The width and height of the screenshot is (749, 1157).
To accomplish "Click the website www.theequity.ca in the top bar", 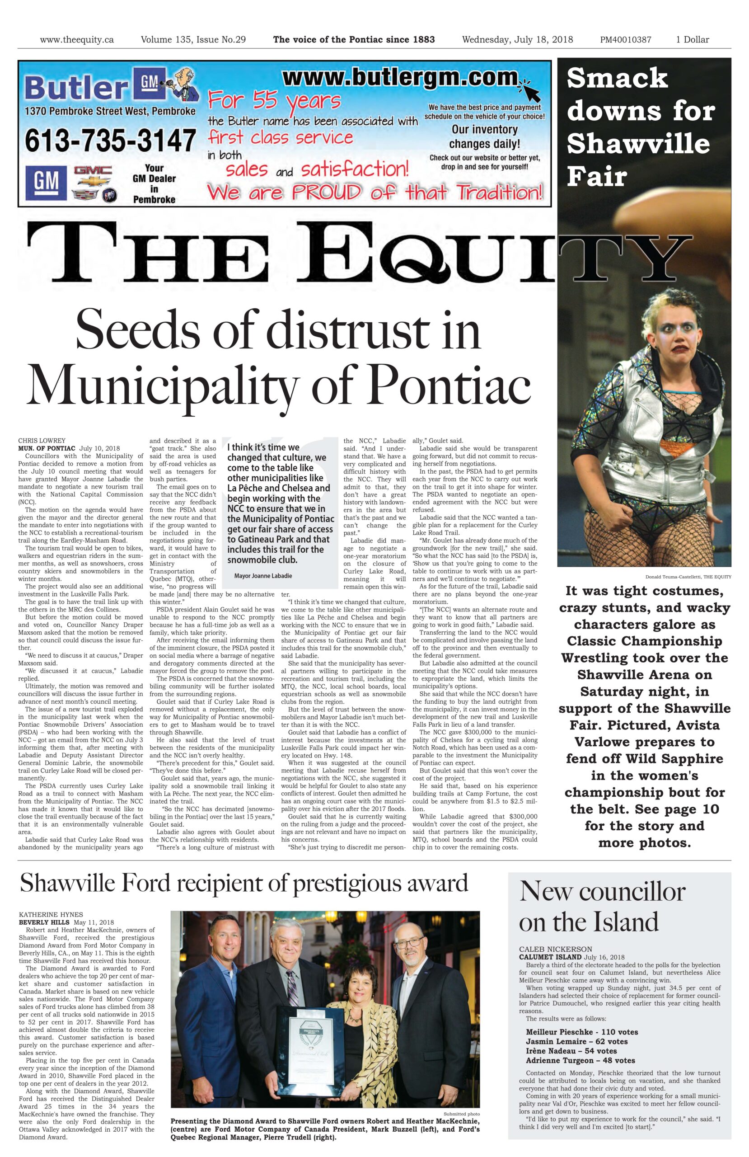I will (x=77, y=40).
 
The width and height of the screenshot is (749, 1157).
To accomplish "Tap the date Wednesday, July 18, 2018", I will (x=517, y=40).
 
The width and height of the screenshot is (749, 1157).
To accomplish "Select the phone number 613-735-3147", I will (x=110, y=140).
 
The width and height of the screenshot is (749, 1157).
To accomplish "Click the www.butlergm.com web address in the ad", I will (x=399, y=78).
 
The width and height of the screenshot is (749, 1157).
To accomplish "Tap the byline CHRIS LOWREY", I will (x=42, y=441).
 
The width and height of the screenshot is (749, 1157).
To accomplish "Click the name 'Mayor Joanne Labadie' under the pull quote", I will (x=263, y=576).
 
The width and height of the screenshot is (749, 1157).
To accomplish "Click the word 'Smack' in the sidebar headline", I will (x=617, y=78).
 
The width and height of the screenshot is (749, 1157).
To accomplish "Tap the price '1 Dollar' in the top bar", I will (x=692, y=40).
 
